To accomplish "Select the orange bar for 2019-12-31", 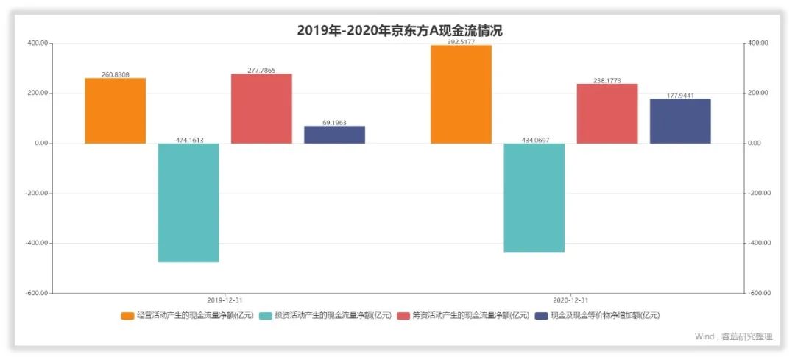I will point(116,110).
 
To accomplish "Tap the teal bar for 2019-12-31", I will point(188,202).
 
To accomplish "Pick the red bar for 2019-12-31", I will point(261,108).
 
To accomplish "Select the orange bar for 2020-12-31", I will point(461,94).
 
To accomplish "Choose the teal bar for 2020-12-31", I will point(534,197).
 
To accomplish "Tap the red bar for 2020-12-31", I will point(607,113).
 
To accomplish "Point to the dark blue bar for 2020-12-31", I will point(679,121).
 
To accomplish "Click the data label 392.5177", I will point(461,42).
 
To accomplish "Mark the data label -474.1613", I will point(188,140).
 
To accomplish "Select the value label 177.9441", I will point(679,96).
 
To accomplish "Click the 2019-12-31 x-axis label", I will point(225,300).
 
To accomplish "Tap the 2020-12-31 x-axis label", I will point(570,300).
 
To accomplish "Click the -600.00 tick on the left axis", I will point(38,293).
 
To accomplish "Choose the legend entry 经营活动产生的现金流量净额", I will point(188,316).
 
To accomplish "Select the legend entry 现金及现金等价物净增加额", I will point(597,316).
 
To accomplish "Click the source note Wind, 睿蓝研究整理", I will point(733,337).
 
